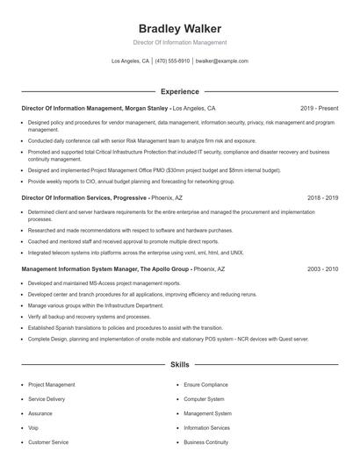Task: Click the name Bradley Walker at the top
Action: tap(179, 28)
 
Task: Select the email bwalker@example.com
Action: tap(221, 61)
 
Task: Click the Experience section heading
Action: tap(179, 91)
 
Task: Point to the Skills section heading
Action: tap(179, 363)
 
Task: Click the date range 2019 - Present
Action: tap(318, 109)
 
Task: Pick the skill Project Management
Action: tap(51, 384)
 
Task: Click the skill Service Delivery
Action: tap(47, 399)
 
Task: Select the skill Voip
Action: tap(33, 428)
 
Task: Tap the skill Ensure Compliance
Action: tap(205, 384)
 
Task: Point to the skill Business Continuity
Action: tap(205, 442)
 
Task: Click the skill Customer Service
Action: tap(48, 442)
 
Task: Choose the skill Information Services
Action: tap(206, 428)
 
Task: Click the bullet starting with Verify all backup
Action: tap(90, 316)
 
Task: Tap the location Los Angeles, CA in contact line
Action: tap(131, 61)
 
